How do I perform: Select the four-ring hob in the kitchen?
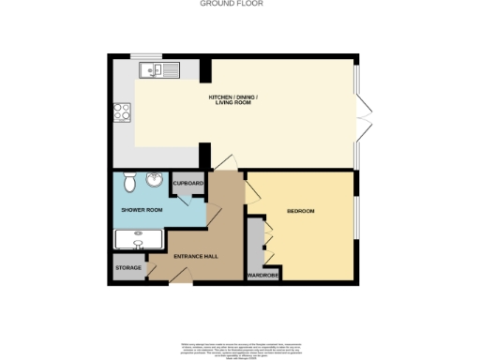coord(121,112)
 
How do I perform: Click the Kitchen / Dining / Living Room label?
coord(233,100)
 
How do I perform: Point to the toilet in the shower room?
coord(129,181)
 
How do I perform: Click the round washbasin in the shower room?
coord(155,182)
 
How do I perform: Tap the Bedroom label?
coord(300,211)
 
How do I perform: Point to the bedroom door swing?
coord(252,191)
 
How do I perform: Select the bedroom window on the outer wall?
coord(357,225)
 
